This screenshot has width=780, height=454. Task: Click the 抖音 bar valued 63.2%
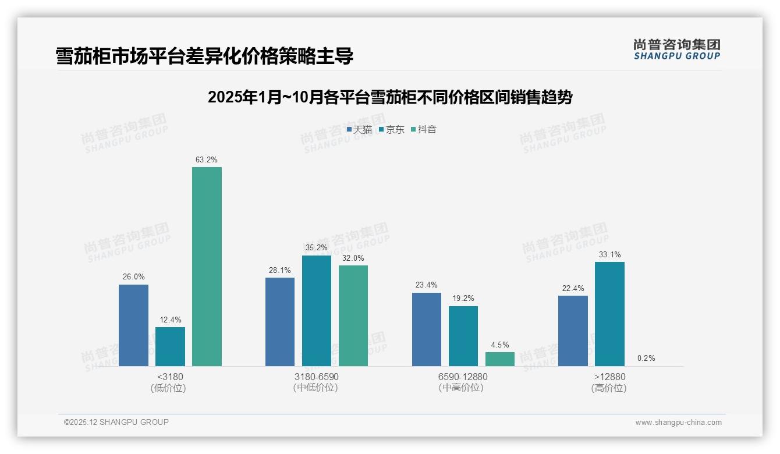click(x=207, y=267)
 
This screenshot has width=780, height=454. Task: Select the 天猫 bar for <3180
click(x=133, y=325)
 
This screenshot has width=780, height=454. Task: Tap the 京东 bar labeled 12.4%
click(x=170, y=346)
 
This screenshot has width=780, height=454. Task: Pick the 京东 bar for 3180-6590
click(x=316, y=311)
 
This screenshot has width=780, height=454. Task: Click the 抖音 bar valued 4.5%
click(x=500, y=359)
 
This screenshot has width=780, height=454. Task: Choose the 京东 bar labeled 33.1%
click(x=609, y=314)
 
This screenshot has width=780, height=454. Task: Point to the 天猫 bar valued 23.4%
click(x=427, y=329)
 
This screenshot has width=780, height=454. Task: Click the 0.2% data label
click(x=646, y=358)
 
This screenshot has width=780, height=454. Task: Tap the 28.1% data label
click(x=280, y=270)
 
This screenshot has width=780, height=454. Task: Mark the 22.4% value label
click(x=573, y=288)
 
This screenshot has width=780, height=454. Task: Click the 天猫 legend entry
click(x=359, y=129)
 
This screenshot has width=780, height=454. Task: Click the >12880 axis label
click(x=609, y=377)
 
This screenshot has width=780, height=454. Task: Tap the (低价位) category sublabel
click(x=168, y=388)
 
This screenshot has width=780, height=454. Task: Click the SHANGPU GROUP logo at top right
click(x=676, y=49)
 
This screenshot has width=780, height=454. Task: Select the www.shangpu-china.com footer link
click(x=678, y=423)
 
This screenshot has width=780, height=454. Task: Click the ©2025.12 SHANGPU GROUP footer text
click(x=116, y=422)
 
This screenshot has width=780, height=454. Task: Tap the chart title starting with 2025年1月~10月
click(x=390, y=97)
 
